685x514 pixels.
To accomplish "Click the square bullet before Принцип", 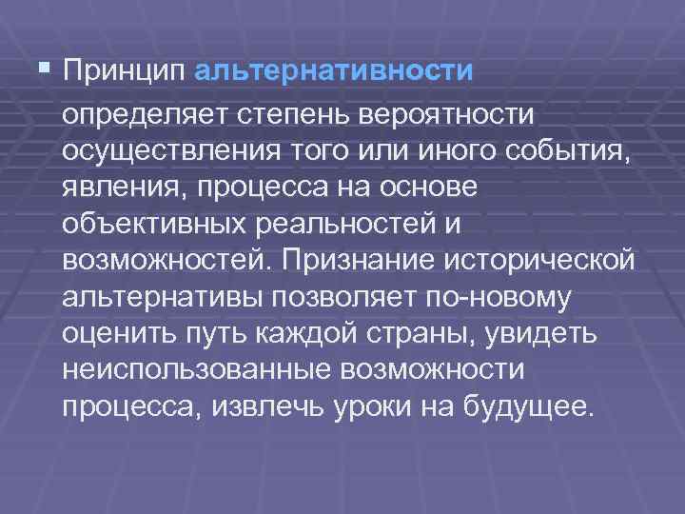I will [46, 69].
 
